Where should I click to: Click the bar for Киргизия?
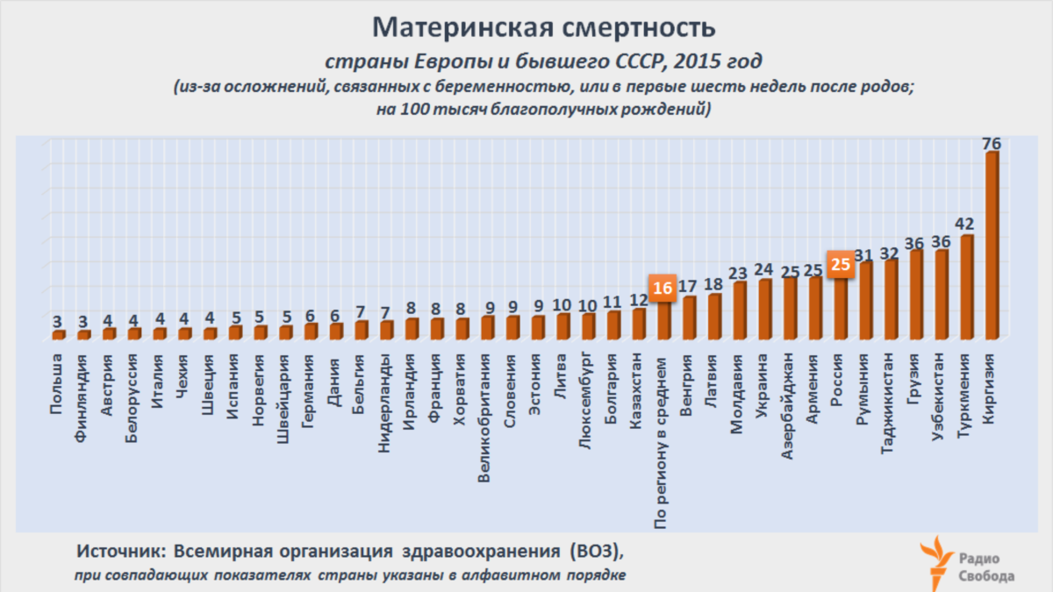click(992, 246)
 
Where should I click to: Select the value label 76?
click(992, 143)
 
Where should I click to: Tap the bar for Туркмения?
click(967, 287)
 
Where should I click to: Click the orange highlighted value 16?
click(662, 288)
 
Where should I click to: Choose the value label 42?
click(966, 224)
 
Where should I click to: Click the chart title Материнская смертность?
click(544, 28)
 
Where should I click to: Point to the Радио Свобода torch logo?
click(935, 561)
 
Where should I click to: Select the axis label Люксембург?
click(586, 399)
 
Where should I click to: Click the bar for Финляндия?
click(83, 334)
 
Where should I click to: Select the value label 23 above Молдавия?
click(739, 273)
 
